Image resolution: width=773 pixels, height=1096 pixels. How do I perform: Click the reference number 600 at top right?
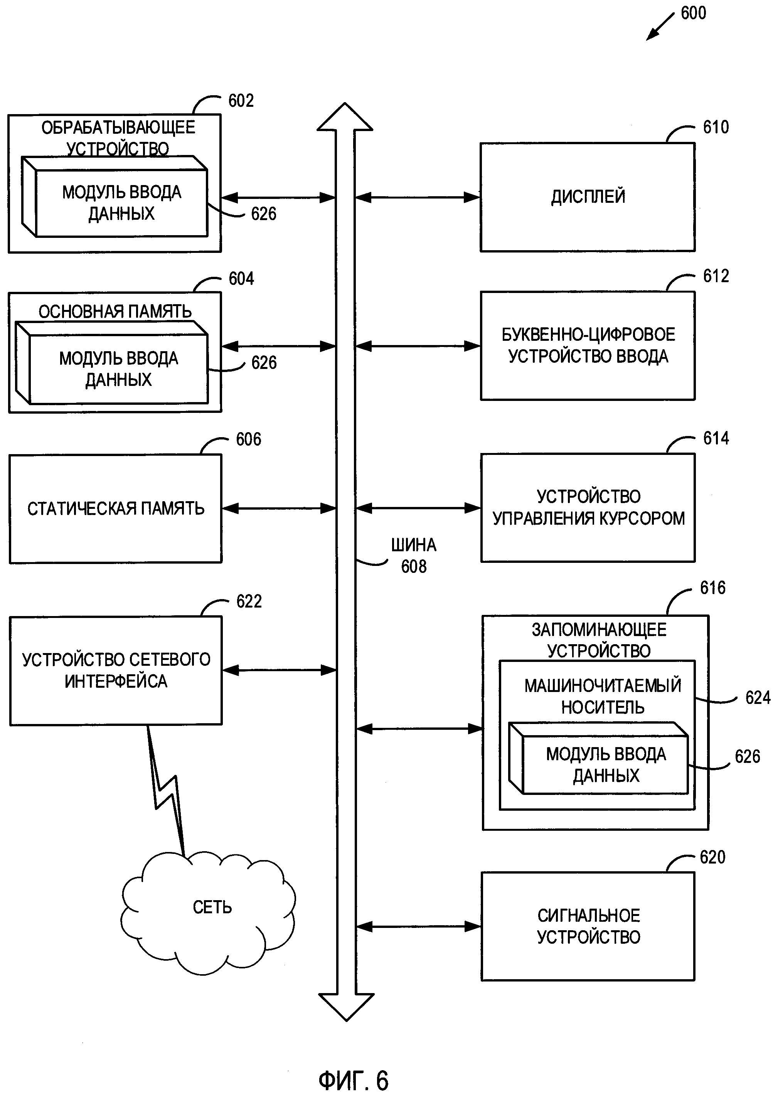[693, 13]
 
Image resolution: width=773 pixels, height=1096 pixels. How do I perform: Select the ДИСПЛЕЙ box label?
[588, 197]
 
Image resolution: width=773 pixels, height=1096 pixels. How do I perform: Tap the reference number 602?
[241, 101]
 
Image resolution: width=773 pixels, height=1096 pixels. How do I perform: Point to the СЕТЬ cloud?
[212, 907]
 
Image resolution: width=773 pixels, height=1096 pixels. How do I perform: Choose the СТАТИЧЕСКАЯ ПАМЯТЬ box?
[116, 509]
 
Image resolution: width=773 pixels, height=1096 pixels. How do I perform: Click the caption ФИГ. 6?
[353, 1080]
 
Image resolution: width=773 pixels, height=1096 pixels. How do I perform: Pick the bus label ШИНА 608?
[413, 556]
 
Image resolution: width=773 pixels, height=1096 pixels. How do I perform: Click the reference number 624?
[757, 698]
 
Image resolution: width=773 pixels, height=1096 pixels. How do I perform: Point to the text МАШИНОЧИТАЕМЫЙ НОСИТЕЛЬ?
[603, 696]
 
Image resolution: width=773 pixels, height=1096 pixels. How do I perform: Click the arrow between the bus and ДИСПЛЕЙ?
[417, 197]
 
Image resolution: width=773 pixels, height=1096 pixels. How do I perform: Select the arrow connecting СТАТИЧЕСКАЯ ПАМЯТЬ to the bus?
[279, 509]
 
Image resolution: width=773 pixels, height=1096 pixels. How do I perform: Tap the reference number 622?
[249, 601]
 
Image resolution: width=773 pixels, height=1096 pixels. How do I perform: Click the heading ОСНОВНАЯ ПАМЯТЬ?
[115, 312]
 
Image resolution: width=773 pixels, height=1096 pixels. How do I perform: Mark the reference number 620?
[712, 857]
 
